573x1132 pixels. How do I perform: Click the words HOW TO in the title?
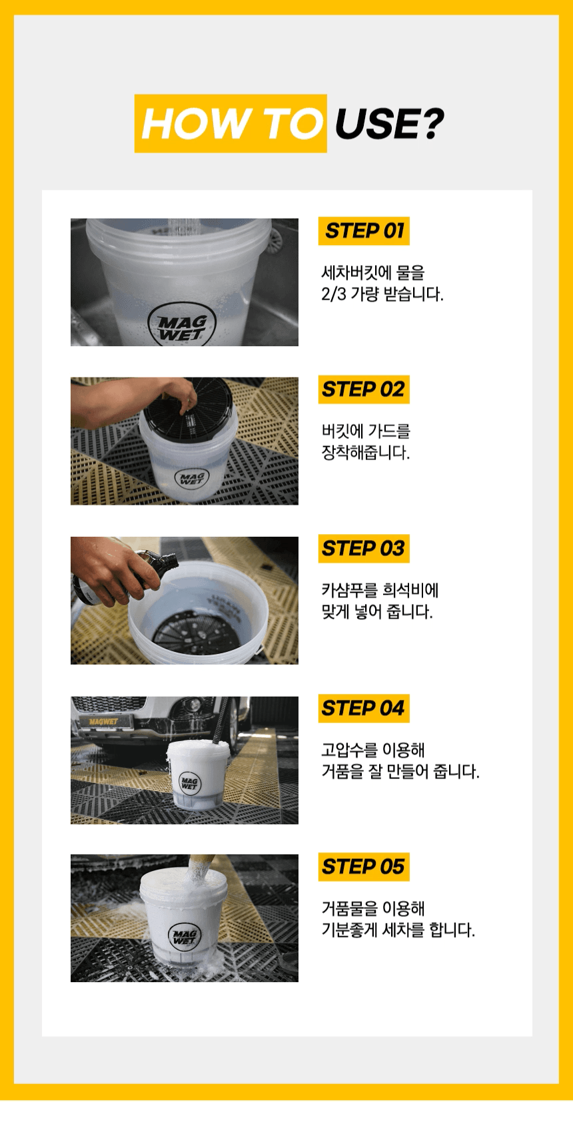pos(232,124)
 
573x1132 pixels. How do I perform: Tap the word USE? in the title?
pos(389,124)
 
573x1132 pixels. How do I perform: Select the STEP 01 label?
pos(364,231)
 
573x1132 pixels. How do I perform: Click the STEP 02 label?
pos(364,390)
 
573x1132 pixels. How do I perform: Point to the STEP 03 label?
pos(364,548)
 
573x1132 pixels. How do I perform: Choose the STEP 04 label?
pos(364,708)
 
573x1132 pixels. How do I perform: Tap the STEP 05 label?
pos(364,867)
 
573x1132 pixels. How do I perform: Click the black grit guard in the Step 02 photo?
pos(188,408)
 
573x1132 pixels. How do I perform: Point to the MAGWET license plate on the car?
pos(103,721)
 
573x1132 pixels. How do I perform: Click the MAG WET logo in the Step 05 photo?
pos(184,936)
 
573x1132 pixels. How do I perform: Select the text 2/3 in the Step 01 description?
pos(334,294)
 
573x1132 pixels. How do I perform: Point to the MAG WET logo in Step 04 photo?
pos(189,783)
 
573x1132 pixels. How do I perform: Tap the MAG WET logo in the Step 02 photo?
pos(192,478)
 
